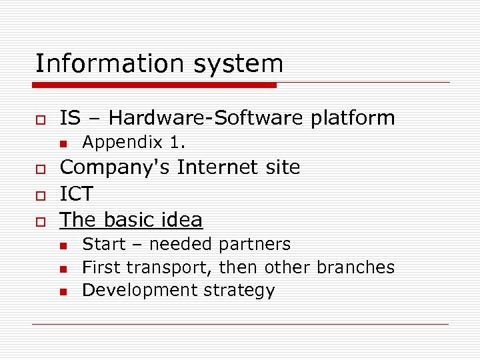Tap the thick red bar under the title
click(155, 85)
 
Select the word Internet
click(213, 167)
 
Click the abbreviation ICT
click(77, 195)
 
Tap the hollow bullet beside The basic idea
click(41, 221)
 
